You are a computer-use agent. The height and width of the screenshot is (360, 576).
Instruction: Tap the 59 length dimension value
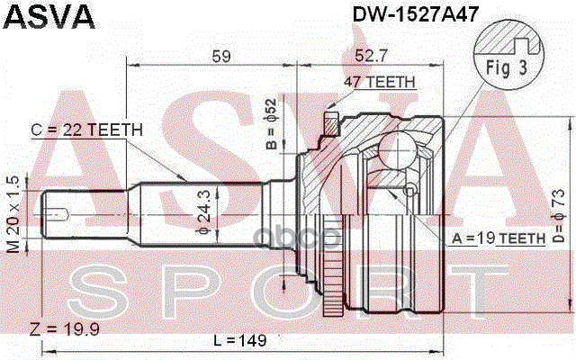tap(220, 56)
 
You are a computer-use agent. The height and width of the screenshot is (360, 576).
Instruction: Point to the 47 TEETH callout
tap(379, 82)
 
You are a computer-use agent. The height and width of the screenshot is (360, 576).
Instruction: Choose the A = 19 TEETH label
tap(499, 238)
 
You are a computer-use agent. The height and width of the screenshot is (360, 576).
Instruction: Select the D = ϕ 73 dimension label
tap(559, 217)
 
